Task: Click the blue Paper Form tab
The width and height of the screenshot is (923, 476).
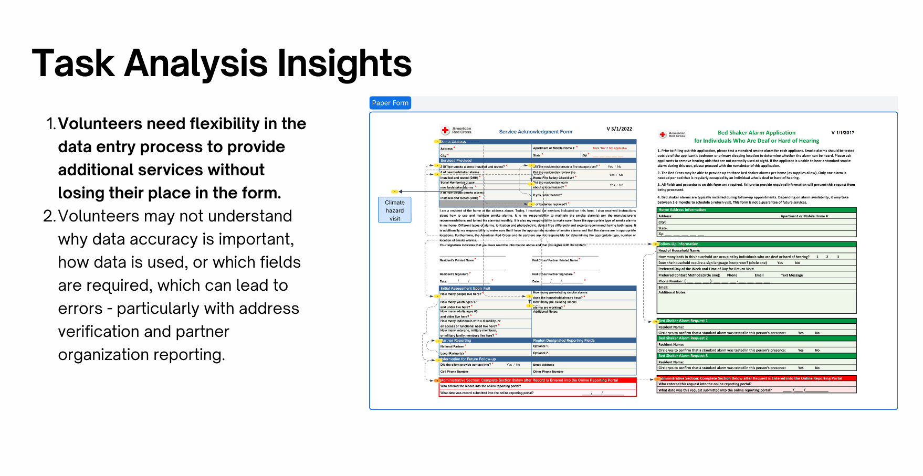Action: click(x=390, y=103)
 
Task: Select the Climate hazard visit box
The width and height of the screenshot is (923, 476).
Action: click(x=395, y=210)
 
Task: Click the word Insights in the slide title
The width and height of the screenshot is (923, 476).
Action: click(x=344, y=63)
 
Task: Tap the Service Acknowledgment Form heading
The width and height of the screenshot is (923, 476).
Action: click(x=535, y=132)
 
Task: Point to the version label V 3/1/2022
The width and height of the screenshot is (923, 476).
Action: click(x=619, y=129)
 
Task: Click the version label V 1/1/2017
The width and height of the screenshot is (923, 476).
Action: click(x=843, y=133)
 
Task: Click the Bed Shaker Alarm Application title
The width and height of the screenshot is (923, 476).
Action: click(x=756, y=133)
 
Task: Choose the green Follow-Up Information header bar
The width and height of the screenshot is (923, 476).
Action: click(x=756, y=244)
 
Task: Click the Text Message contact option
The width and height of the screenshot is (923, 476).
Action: click(x=791, y=275)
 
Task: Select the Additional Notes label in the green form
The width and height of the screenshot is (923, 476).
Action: click(x=672, y=292)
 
